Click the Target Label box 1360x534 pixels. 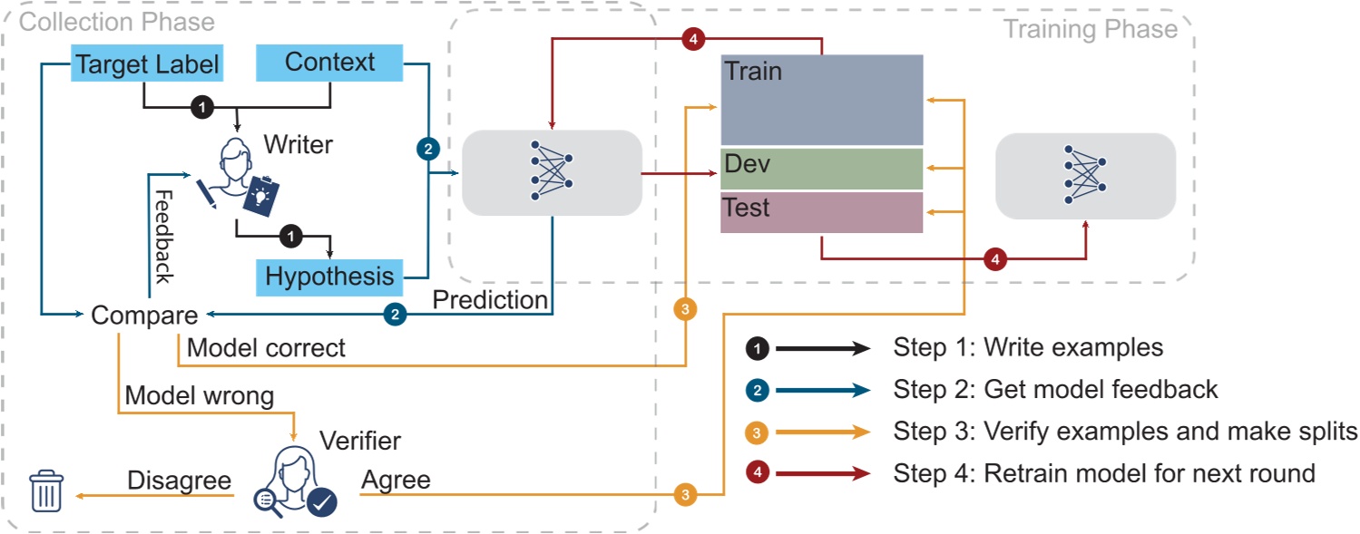147,64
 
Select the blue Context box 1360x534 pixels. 329,63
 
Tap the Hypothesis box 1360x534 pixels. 329,276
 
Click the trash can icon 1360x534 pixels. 45,492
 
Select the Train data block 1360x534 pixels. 821,100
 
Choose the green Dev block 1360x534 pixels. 821,169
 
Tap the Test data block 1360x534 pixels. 821,212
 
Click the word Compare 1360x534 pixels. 144,316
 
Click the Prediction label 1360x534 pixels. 490,299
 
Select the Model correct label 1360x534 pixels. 265,347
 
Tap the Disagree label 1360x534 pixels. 179,480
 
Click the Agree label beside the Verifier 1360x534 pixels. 396,480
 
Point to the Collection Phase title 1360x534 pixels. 117,22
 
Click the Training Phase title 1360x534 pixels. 1090,29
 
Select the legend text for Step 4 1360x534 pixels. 1103,472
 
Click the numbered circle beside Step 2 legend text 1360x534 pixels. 758,391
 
